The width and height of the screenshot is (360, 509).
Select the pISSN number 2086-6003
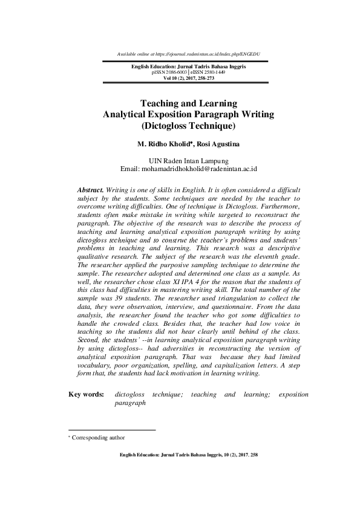[182, 71]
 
